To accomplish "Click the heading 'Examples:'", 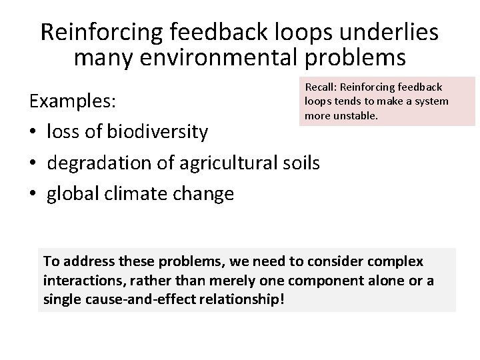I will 72,103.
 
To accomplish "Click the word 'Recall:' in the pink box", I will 321,87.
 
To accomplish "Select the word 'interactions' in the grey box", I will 75,281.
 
